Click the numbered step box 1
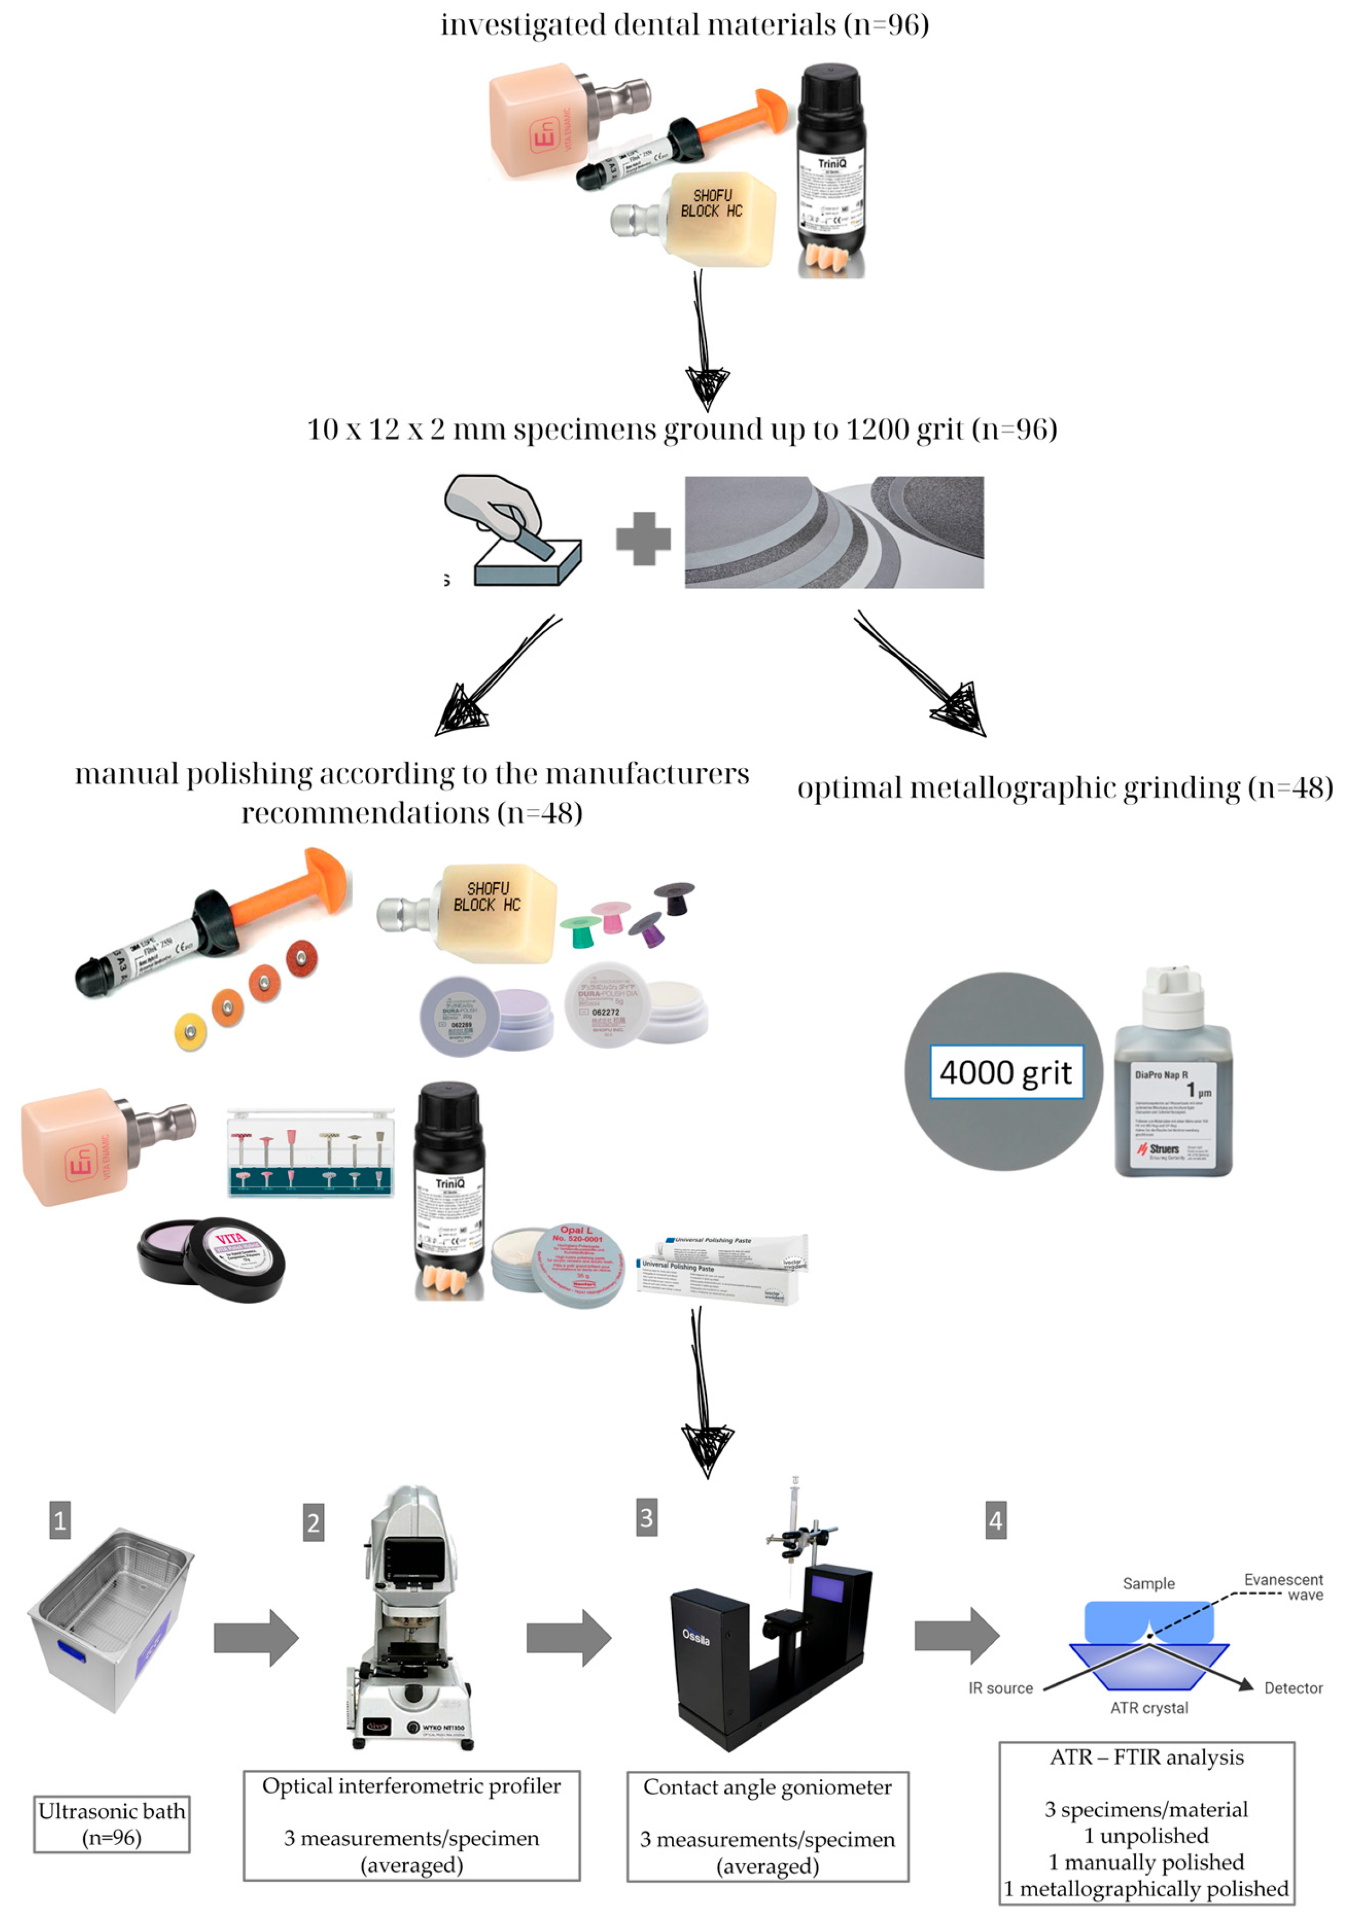(59, 1519)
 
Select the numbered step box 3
(646, 1517)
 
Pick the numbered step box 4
(996, 1519)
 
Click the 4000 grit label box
(1007, 1071)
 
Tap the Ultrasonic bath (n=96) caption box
(112, 1824)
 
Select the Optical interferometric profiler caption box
(411, 1824)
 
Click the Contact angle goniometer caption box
(767, 1825)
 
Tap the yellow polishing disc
(190, 1031)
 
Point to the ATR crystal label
(1148, 1707)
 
